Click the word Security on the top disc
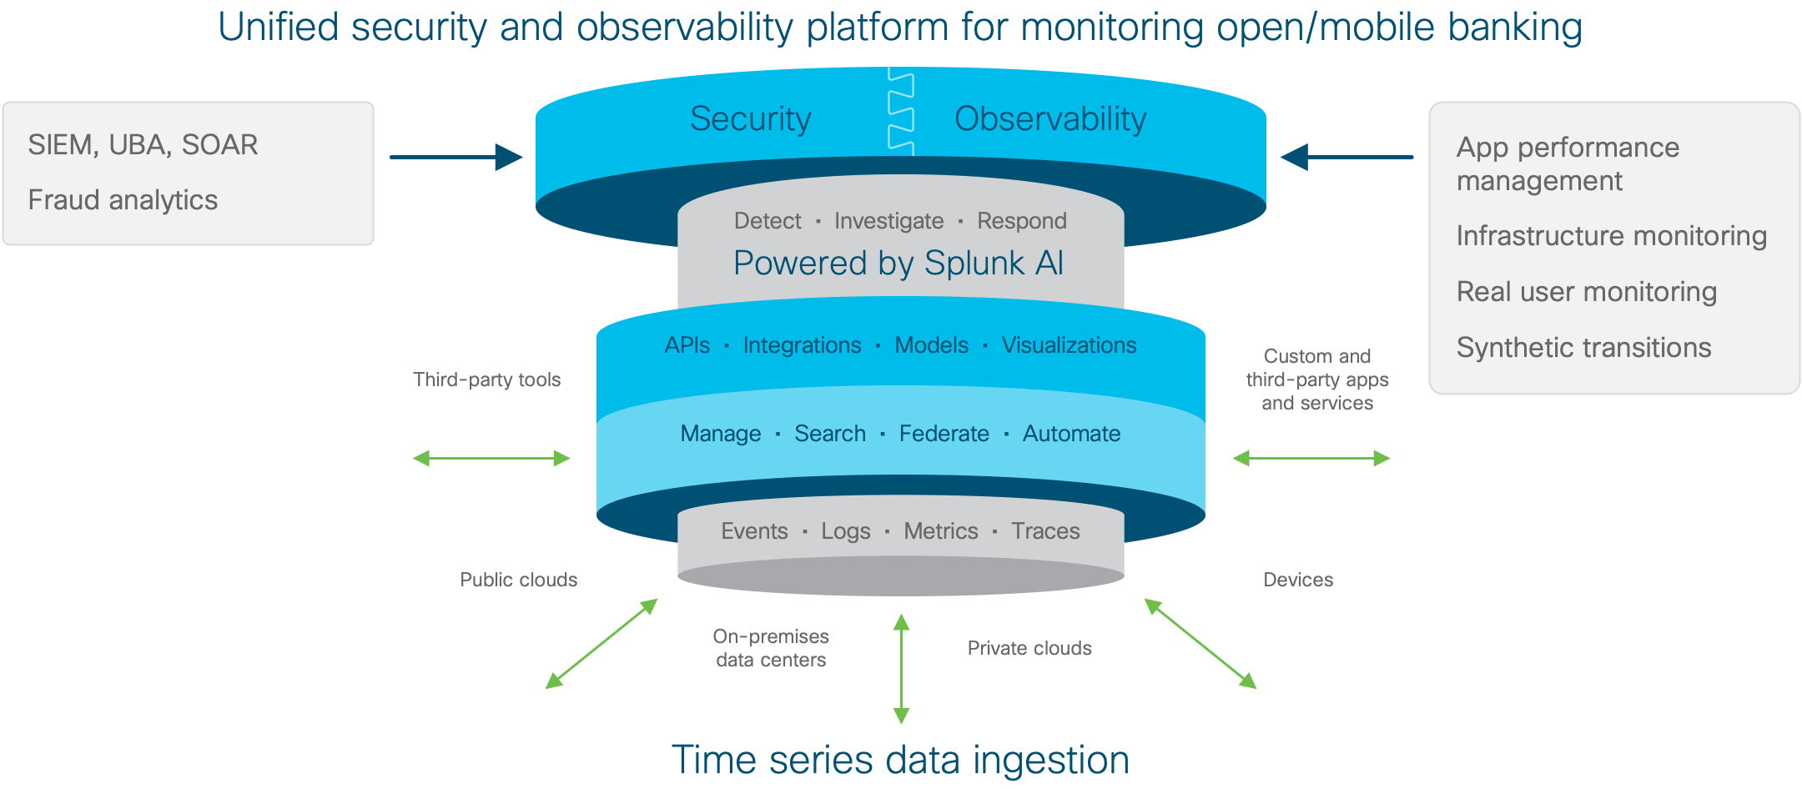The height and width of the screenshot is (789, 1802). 750,119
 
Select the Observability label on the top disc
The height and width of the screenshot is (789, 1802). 1049,119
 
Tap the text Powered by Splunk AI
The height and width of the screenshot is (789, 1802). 898,264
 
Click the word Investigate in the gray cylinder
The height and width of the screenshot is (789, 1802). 888,221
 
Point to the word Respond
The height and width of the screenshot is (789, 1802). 1021,221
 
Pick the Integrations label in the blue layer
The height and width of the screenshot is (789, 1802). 802,345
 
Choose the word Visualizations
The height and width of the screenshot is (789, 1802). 1069,345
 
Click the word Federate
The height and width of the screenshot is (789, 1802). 944,434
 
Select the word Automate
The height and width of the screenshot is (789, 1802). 1071,434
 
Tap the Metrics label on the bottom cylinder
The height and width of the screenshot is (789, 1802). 940,531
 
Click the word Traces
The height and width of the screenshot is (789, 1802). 1045,531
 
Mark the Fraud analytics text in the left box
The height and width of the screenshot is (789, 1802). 123,200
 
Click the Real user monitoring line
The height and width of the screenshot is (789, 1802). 1586,292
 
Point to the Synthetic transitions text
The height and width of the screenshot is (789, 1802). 1583,348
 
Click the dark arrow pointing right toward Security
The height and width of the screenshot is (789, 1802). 456,157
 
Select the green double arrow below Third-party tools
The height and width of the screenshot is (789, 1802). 491,458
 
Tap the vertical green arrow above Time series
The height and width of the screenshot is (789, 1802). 901,668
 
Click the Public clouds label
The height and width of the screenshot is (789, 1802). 518,580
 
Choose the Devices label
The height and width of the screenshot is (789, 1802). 1297,580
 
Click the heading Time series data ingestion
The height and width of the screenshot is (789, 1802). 900,760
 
